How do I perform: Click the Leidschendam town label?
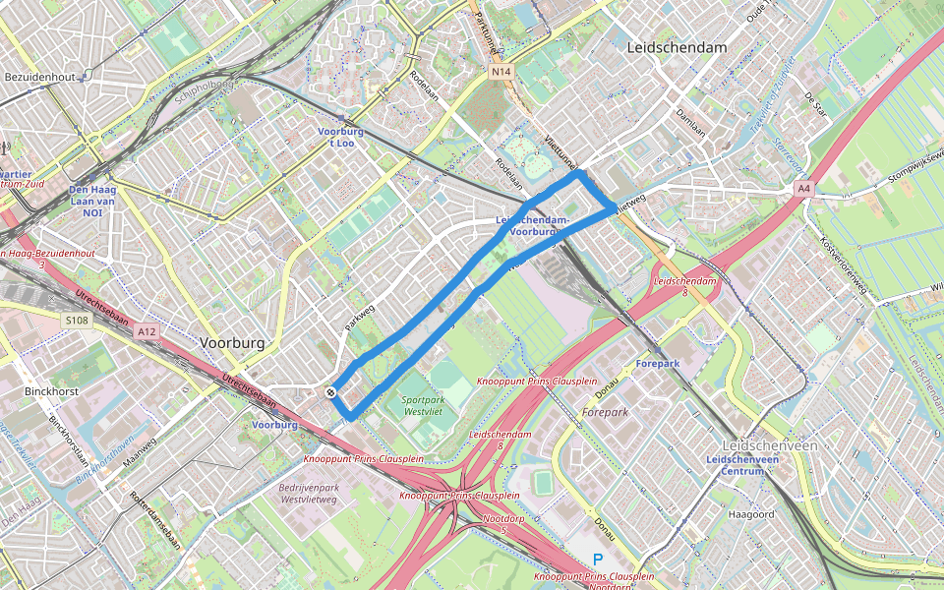(677, 47)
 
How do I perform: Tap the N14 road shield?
(501, 72)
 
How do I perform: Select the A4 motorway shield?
(804, 188)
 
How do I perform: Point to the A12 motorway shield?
(147, 332)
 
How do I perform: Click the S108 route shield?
(78, 321)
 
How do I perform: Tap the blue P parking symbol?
(597, 560)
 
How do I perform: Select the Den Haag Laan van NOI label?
(92, 201)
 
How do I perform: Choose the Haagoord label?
(752, 514)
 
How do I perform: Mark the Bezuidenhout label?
(39, 76)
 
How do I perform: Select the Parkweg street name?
(360, 316)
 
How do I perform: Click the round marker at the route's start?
(332, 392)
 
